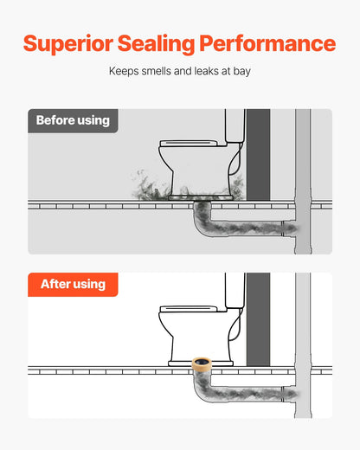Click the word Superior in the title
(68, 44)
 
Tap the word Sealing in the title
(156, 44)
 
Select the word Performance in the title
(267, 43)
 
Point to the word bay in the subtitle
(241, 71)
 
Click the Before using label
(73, 120)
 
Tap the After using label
(73, 285)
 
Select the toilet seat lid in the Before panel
(189, 144)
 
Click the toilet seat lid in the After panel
(189, 309)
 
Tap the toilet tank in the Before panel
(235, 125)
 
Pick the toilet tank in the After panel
(235, 290)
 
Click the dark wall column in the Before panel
(258, 154)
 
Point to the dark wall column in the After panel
(258, 319)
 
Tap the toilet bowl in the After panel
(199, 336)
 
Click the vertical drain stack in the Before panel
(303, 182)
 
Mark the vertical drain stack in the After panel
(303, 345)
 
